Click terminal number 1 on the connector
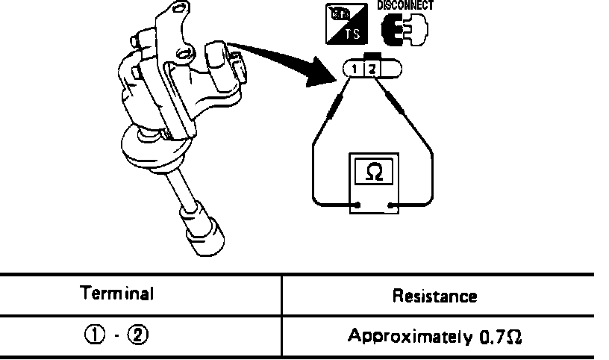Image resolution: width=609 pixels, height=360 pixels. (x=358, y=70)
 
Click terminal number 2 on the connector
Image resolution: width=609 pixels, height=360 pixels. (x=374, y=70)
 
